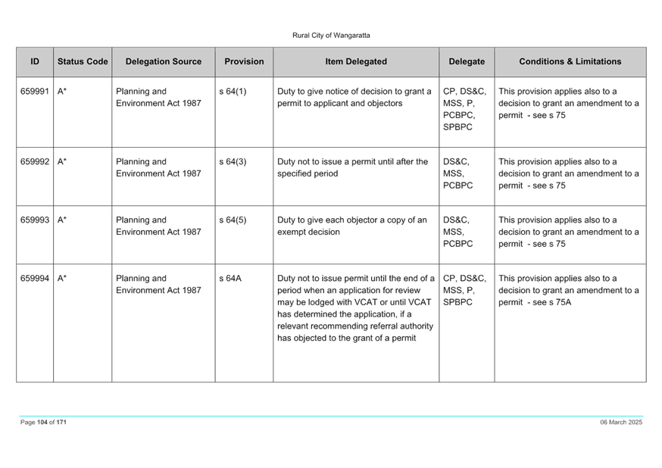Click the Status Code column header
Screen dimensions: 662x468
click(x=83, y=61)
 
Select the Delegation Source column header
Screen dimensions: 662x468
click(x=164, y=61)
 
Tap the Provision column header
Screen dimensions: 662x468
click(x=244, y=61)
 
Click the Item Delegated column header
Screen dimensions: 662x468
click(x=356, y=61)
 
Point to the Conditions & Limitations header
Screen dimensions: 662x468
click(x=570, y=61)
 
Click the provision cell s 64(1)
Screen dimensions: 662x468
click(x=233, y=91)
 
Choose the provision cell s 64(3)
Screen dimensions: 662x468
click(x=233, y=161)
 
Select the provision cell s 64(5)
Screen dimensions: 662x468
click(x=233, y=220)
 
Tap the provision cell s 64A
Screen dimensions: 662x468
click(x=230, y=278)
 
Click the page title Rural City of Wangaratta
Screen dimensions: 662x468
click(x=331, y=36)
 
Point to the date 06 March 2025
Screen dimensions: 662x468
click(x=621, y=422)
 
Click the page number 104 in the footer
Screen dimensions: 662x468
click(x=42, y=422)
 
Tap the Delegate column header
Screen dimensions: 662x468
click(x=467, y=61)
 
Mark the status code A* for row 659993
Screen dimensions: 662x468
click(x=62, y=220)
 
